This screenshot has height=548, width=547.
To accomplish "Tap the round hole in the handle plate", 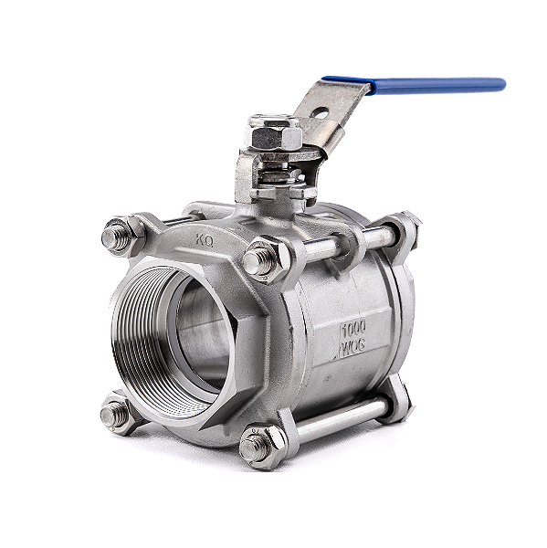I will coord(319,114).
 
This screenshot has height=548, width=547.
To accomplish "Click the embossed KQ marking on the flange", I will coord(206,240).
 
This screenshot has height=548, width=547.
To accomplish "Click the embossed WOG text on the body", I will coord(353,348).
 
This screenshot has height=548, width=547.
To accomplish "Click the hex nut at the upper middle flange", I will coord(262,260).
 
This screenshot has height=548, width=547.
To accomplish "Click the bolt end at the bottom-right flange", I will coord(401,400).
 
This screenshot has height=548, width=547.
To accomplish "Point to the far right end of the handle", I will coord(501,84).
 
